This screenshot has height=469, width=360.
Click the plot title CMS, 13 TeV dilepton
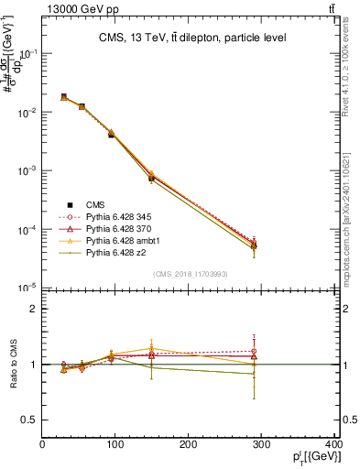(192, 38)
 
